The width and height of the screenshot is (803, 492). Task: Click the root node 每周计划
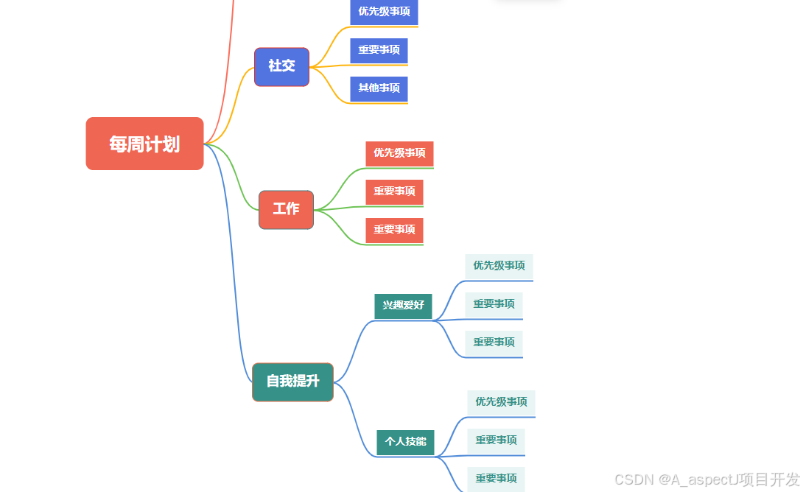coord(144,144)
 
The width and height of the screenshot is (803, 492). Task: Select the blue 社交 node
coord(281,66)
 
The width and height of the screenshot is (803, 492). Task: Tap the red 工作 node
coord(286,209)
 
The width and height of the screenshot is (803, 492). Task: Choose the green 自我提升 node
coord(292,382)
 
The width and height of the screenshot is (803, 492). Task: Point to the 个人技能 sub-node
coord(405,442)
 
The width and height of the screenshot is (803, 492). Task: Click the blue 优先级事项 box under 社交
coord(384,12)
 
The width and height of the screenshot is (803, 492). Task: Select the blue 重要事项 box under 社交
coord(379,50)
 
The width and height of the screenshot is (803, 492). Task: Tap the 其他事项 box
coord(379,88)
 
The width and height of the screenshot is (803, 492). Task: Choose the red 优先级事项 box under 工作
coord(399,153)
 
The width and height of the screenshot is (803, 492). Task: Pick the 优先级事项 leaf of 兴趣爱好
coord(499,266)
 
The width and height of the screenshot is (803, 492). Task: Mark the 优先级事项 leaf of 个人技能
coord(501,402)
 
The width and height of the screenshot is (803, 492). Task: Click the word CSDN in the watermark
coord(634,479)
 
